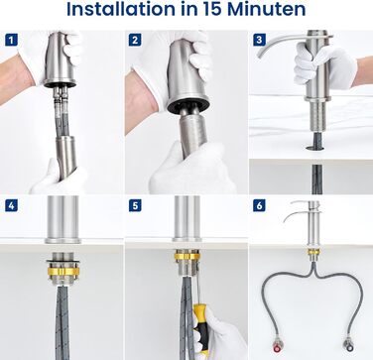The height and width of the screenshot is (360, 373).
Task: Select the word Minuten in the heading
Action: [x=267, y=9]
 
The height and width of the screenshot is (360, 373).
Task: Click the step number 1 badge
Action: [x=11, y=41]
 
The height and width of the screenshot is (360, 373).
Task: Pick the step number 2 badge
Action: [x=135, y=41]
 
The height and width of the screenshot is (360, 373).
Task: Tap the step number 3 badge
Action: [x=259, y=41]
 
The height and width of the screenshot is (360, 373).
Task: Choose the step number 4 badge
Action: [x=11, y=205]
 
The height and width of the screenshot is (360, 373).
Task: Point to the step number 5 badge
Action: [x=135, y=205]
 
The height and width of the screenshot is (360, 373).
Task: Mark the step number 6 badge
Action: [x=259, y=205]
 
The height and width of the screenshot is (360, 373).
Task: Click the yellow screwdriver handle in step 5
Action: [x=201, y=325]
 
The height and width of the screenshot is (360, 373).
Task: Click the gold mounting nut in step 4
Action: [x=63, y=272]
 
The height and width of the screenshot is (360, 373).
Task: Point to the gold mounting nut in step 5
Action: [x=187, y=256]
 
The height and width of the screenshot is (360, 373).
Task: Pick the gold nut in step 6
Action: [x=313, y=252]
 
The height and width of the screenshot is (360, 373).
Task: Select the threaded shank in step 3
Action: [x=317, y=116]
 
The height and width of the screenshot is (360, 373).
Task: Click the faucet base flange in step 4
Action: [x=62, y=240]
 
